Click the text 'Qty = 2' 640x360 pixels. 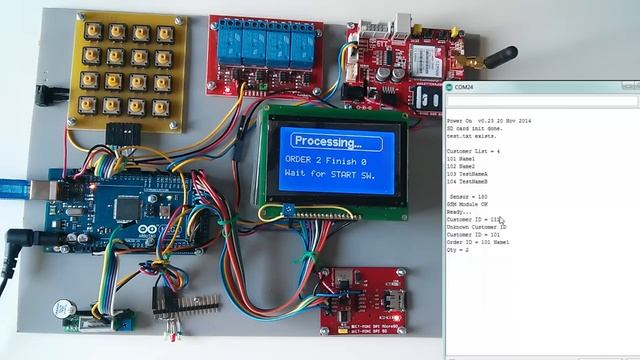pyautogui.click(x=459, y=250)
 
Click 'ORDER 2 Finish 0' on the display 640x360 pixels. pyautogui.click(x=330, y=161)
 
